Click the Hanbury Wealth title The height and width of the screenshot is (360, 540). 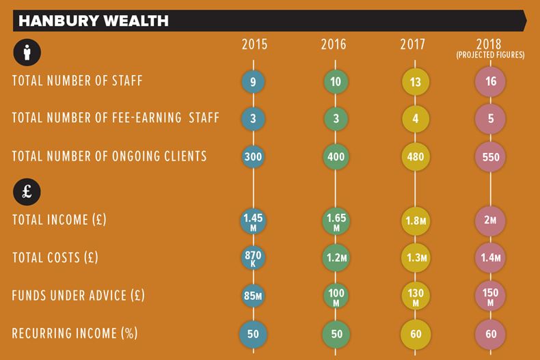(x=94, y=20)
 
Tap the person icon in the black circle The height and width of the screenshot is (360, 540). (x=27, y=51)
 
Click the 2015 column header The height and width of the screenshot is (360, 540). (x=254, y=45)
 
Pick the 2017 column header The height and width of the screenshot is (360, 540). (x=413, y=45)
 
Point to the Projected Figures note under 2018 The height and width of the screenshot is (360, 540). (x=490, y=55)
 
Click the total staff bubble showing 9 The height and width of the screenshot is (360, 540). (x=254, y=82)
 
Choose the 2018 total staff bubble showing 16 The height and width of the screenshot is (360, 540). (x=490, y=82)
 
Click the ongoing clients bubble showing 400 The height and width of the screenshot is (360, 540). (x=335, y=156)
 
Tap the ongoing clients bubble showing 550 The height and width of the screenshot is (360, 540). (x=490, y=156)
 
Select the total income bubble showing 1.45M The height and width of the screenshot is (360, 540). (x=254, y=221)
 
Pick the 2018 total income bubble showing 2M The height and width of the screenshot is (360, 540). (x=490, y=221)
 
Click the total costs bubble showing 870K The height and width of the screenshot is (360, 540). (x=254, y=258)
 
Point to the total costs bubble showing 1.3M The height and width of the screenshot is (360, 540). (x=415, y=258)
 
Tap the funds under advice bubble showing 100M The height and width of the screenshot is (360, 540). (x=335, y=296)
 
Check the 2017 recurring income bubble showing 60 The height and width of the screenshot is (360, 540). (x=415, y=334)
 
